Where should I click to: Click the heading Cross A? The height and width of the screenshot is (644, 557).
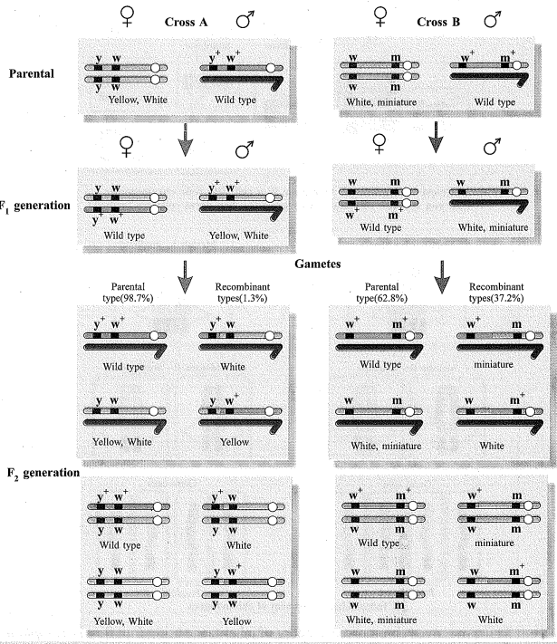coord(186,22)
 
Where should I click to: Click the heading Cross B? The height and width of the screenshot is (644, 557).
coord(438,22)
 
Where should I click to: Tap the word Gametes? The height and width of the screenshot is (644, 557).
coord(318,264)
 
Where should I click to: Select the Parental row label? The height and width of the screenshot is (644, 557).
coord(31,73)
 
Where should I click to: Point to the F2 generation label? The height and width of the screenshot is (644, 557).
coord(43,473)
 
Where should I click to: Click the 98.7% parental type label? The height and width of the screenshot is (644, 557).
coord(128,293)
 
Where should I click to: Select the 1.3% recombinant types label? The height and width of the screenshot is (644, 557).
coord(243,293)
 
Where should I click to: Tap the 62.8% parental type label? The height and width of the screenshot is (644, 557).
coord(381,293)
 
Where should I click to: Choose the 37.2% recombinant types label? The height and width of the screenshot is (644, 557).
coord(496,293)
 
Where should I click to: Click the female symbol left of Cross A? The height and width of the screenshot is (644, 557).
coord(128,17)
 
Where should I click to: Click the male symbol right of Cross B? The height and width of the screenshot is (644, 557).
coord(493,19)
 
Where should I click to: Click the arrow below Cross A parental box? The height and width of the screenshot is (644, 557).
coord(186,139)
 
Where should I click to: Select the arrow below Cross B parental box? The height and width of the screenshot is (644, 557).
coord(436,137)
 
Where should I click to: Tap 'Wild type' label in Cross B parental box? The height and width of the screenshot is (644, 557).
coord(495,101)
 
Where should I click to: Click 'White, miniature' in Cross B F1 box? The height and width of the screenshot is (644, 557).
coord(493,227)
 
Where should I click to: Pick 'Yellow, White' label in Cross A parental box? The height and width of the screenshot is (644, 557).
coord(138,100)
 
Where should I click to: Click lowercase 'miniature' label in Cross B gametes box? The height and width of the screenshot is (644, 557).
coord(494,364)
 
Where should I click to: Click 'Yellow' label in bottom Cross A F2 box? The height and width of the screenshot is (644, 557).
coord(236,621)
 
